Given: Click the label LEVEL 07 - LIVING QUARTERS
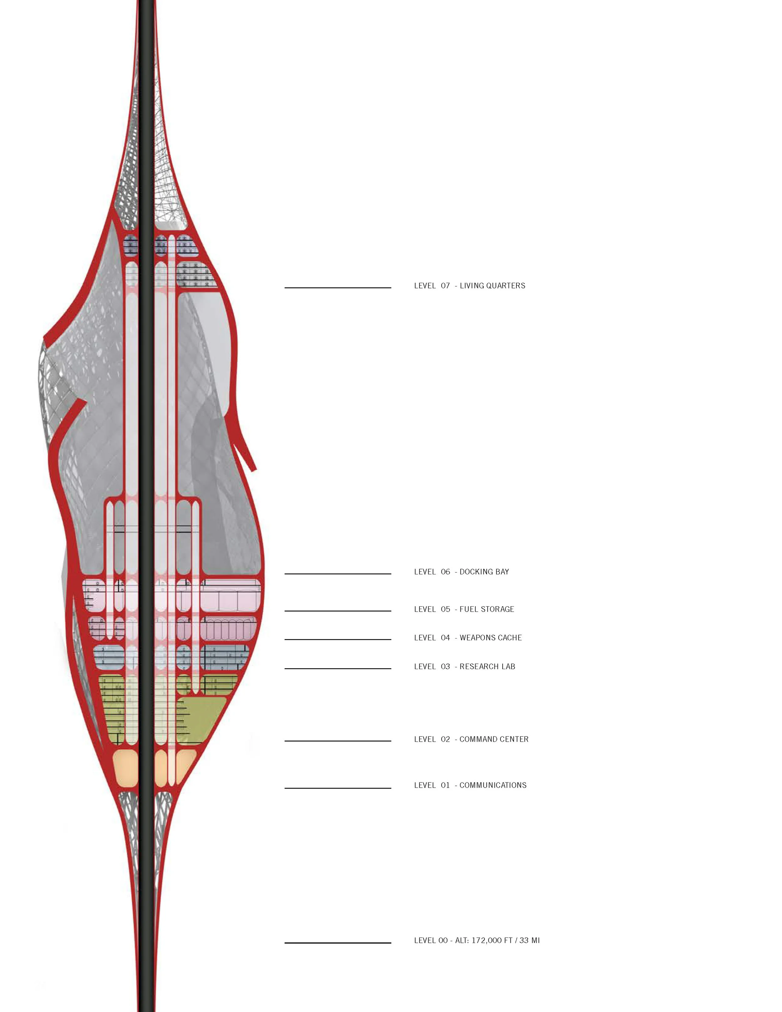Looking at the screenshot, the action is [x=469, y=286].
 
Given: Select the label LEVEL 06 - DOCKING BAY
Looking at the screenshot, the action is [x=461, y=572].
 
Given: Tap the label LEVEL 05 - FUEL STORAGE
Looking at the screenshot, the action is [x=464, y=609].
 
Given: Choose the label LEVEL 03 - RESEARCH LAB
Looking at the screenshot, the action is [x=464, y=667].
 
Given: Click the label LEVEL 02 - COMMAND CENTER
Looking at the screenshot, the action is [x=471, y=740].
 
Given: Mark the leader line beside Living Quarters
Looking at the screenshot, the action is [x=338, y=288].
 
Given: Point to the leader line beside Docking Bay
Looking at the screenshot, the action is [x=338, y=574].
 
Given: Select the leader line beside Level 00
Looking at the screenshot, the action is [x=338, y=943].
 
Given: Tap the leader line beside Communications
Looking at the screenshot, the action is [x=338, y=788].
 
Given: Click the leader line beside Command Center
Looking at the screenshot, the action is [x=338, y=741].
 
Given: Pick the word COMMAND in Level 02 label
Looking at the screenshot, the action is [x=476, y=740].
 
